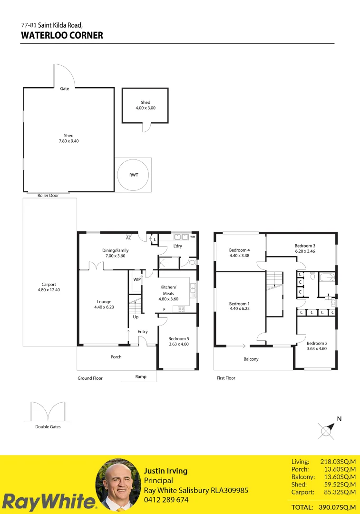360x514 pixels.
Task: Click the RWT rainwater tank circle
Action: click(x=134, y=175)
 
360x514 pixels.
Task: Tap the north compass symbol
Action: click(x=327, y=430)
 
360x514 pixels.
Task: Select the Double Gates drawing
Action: click(x=48, y=412)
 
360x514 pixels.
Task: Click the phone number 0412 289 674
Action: click(x=166, y=500)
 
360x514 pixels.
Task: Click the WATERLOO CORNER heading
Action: click(x=62, y=35)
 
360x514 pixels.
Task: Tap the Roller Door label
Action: click(x=48, y=196)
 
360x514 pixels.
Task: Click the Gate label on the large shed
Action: click(x=64, y=89)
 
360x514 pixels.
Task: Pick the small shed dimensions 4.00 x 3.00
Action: click(x=145, y=108)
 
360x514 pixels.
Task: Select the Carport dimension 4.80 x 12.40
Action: click(x=49, y=290)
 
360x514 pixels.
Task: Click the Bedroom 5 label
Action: click(x=178, y=338)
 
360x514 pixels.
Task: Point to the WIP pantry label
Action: click(x=137, y=279)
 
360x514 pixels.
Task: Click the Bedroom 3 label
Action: click(x=305, y=246)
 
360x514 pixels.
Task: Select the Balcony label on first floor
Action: click(x=251, y=359)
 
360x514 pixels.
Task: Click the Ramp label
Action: click(x=141, y=376)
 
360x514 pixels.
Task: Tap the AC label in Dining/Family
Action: click(x=129, y=238)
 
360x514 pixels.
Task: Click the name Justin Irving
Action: click(x=165, y=471)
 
